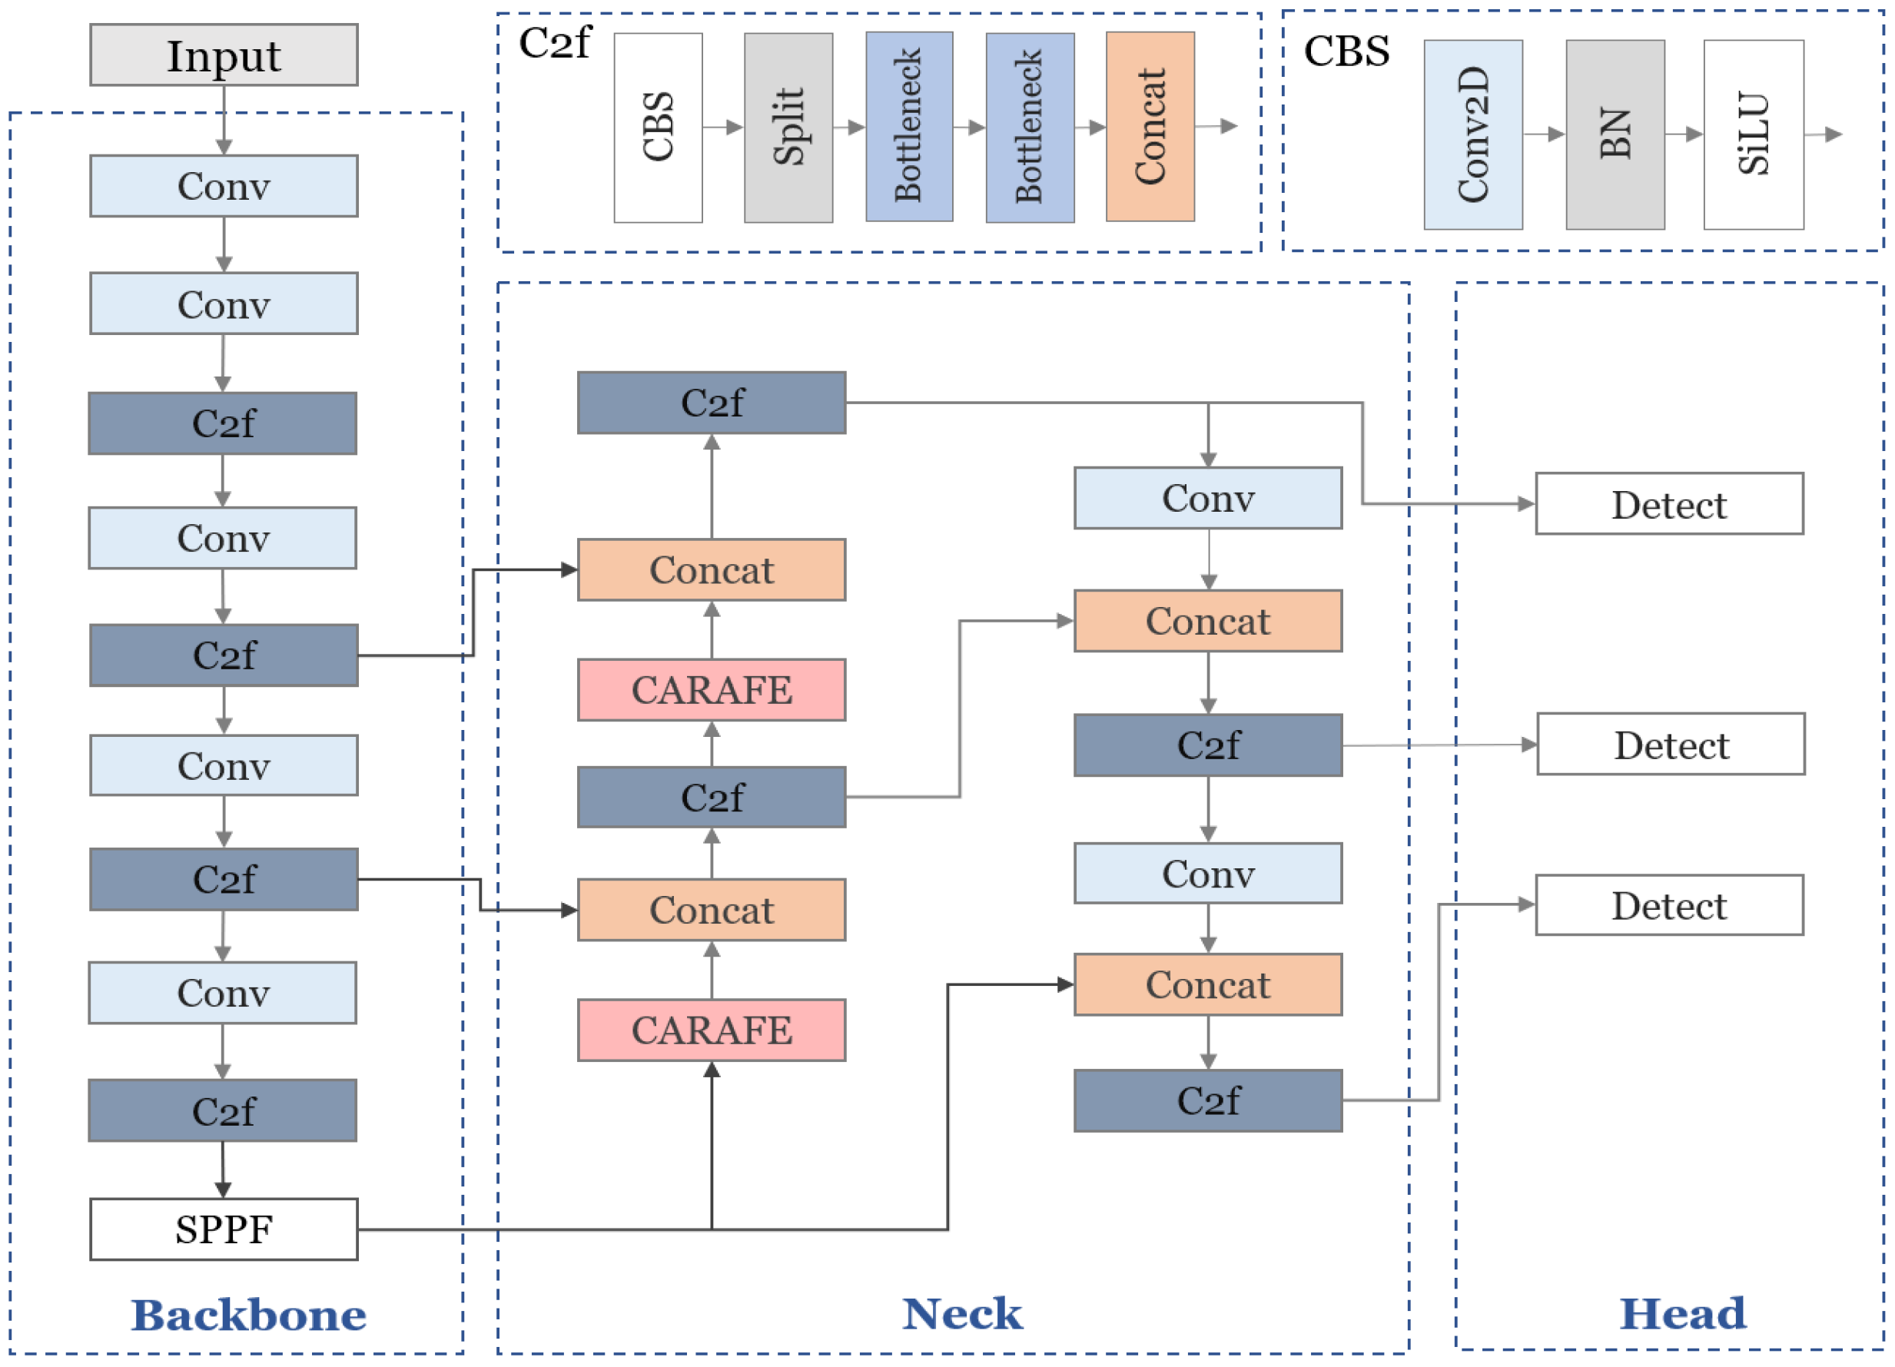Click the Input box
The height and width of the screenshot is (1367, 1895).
pos(224,55)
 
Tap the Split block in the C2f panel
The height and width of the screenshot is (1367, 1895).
pos(788,128)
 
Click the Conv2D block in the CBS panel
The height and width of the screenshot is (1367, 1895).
pos(1473,134)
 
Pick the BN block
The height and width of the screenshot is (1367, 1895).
pos(1615,134)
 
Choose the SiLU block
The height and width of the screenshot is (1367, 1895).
pos(1753,134)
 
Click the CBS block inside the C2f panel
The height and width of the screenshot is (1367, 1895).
pos(658,128)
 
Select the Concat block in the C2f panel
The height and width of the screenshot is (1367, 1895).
pos(1150,127)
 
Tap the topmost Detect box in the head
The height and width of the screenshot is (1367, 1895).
pos(1668,504)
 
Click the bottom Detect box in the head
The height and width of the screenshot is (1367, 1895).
pos(1668,905)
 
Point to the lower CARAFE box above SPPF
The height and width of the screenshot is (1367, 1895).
pos(711,1030)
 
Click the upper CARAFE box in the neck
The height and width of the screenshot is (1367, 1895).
pos(711,689)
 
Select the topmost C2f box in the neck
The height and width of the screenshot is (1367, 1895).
pos(711,403)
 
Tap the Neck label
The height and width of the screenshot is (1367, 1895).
pos(961,1313)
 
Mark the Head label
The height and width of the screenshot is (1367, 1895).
pos(1682,1313)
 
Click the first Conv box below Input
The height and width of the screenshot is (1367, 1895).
pos(224,185)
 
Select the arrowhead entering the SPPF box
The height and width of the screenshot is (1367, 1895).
pos(223,1189)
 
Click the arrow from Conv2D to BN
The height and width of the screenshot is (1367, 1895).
pos(1543,134)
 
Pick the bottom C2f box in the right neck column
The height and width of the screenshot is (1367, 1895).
pos(1207,1100)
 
